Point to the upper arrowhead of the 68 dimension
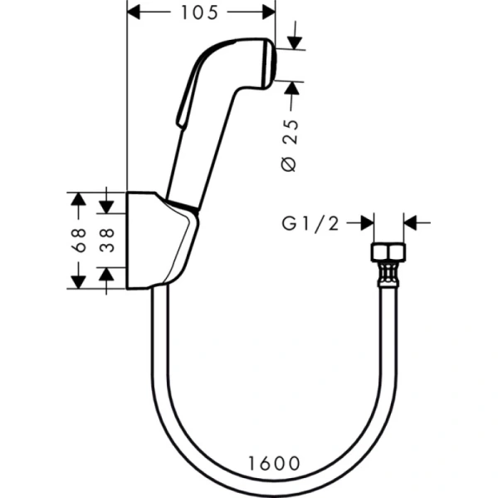click(x=78, y=198)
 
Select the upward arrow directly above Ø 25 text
click(x=291, y=88)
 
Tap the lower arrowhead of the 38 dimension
click(x=107, y=274)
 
